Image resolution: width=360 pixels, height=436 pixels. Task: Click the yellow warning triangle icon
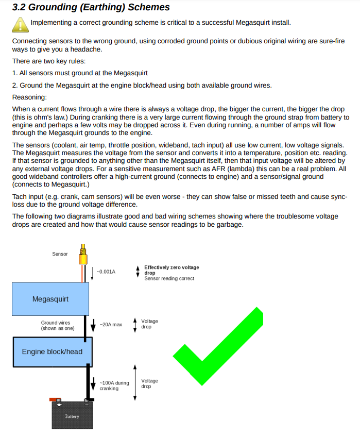point(20,24)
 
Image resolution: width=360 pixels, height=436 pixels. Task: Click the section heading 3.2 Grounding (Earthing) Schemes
point(91,8)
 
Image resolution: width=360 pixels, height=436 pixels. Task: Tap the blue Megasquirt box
point(50,299)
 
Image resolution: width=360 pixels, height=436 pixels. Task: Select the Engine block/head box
point(52,351)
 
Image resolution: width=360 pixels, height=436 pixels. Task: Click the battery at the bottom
point(73,415)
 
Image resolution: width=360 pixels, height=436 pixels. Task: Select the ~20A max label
point(111,325)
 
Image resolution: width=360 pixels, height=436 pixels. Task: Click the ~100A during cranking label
point(114,385)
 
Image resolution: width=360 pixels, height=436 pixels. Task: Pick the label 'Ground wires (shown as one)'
point(58,326)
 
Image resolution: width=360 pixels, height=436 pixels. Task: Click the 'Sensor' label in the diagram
point(60,254)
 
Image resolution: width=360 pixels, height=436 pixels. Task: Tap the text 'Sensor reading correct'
point(169,279)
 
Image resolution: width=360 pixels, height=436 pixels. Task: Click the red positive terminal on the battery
point(54,399)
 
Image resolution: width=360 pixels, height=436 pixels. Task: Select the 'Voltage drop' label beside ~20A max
point(149,324)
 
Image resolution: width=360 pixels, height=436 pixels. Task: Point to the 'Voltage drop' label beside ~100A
point(149,383)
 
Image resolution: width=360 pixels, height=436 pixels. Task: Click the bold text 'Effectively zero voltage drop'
point(171,270)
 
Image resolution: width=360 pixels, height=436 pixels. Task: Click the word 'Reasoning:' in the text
point(29,97)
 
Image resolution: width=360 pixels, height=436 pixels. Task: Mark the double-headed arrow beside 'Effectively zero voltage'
point(138,271)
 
